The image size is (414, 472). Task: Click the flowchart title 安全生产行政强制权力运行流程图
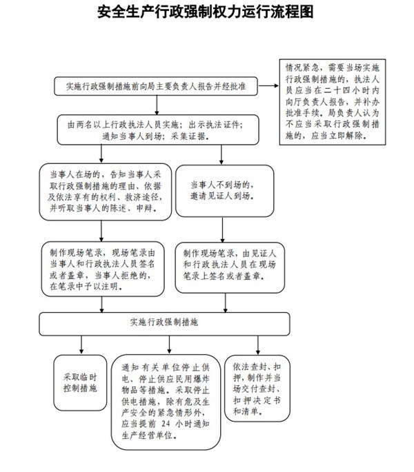206,12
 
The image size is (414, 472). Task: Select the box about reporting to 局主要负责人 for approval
156,86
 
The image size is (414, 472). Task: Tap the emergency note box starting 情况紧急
333,102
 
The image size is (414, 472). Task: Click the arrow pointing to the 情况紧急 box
268,86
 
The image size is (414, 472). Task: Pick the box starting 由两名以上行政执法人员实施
158,130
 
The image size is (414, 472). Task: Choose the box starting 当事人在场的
106,192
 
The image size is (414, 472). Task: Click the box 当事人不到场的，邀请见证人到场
225,191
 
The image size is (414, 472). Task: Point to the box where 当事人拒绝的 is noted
103,269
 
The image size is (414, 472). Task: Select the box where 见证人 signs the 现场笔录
230,267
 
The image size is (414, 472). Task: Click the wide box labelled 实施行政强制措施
164,324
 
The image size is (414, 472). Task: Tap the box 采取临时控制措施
80,382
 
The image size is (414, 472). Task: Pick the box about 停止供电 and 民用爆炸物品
166,402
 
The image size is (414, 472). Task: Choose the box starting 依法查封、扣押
257,389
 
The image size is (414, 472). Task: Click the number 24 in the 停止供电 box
166,424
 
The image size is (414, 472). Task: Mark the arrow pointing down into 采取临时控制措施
81,345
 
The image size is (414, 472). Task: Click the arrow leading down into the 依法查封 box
258,345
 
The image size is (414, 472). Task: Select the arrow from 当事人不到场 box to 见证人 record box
223,229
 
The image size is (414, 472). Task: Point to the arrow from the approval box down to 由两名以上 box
157,105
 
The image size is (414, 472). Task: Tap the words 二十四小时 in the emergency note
344,90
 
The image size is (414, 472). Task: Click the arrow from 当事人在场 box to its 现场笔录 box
101,231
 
